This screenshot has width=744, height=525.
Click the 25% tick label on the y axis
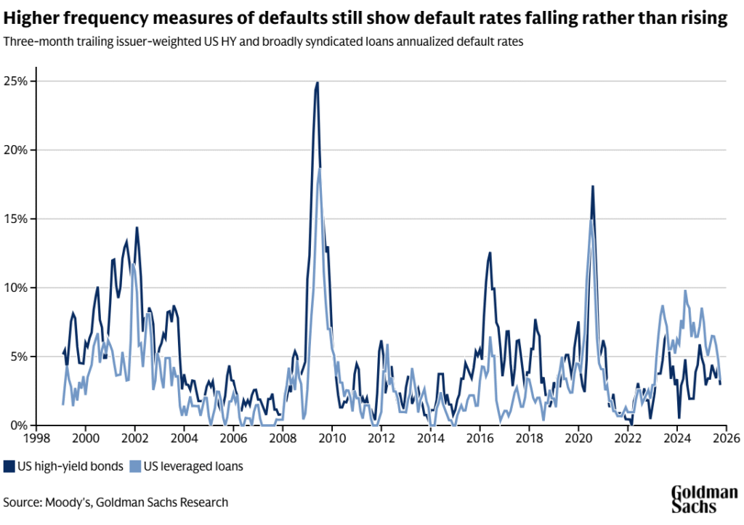[x=16, y=81]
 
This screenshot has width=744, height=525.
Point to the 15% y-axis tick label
[x=16, y=219]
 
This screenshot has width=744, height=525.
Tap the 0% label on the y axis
[x=19, y=426]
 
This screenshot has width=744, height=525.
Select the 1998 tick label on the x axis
[x=36, y=439]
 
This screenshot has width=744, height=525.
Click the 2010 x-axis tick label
[x=332, y=439]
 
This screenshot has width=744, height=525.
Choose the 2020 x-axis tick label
[x=578, y=439]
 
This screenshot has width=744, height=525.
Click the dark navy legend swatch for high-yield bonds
[x=9, y=466]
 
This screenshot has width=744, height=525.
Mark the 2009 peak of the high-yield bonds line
[x=318, y=83]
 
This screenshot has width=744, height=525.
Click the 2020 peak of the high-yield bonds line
[x=593, y=187]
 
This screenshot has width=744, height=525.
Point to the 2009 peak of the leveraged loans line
[x=320, y=168]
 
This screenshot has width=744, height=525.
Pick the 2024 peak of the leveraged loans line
[x=684, y=291]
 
